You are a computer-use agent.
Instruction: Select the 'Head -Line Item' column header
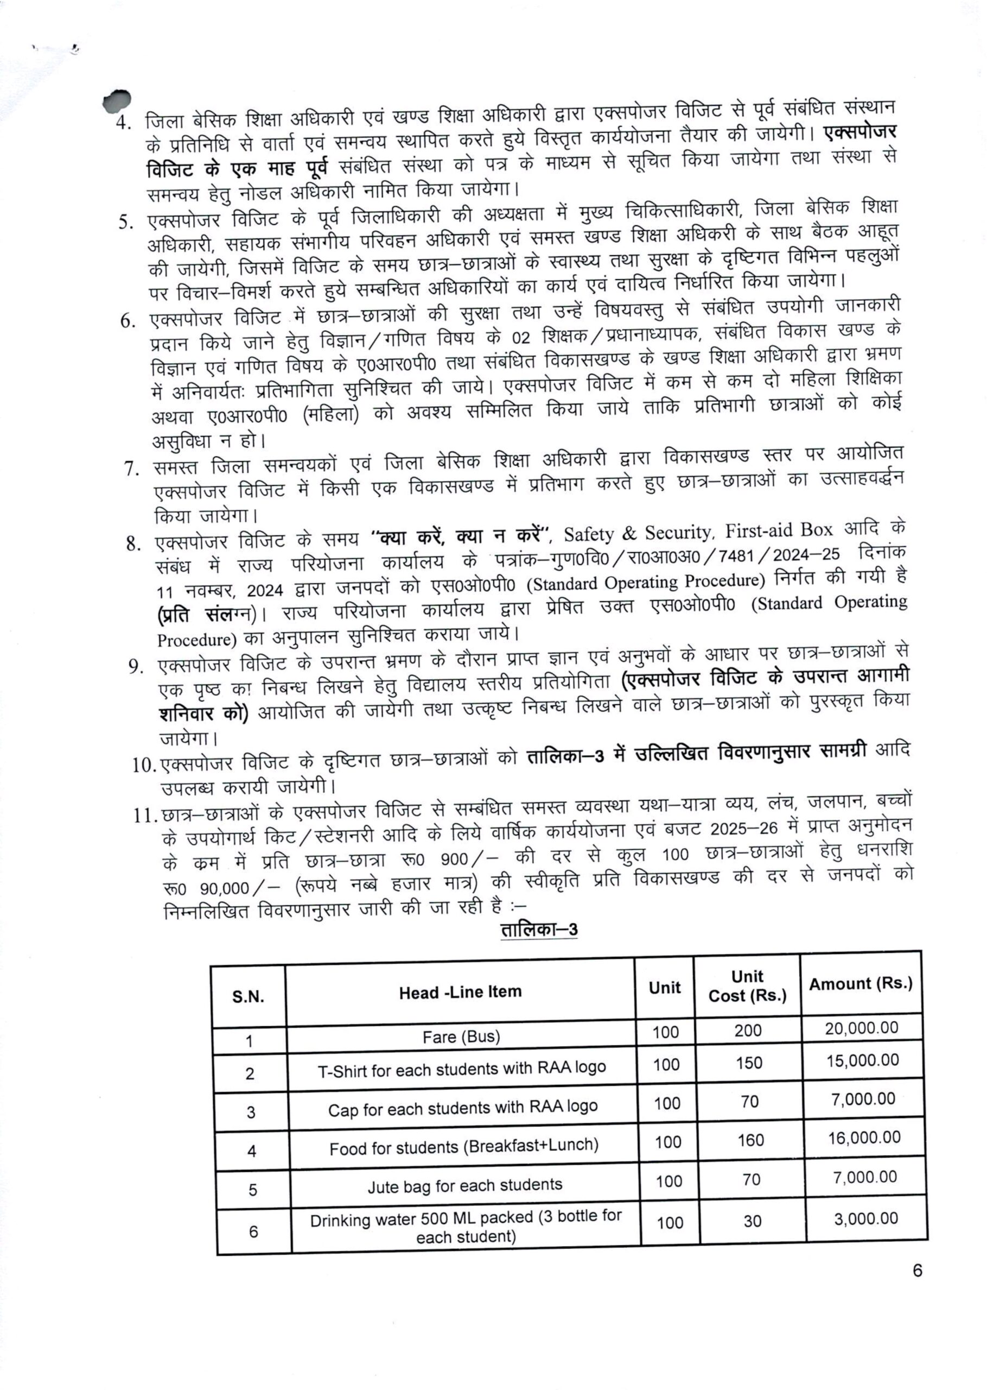(460, 993)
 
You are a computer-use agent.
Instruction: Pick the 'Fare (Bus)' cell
(461, 1037)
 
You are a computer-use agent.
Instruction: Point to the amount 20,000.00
(861, 1028)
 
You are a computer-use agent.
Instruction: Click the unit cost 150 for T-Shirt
(749, 1063)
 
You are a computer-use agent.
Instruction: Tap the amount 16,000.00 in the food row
(864, 1137)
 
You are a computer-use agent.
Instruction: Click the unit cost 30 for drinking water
(753, 1222)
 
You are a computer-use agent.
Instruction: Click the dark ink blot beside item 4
(117, 100)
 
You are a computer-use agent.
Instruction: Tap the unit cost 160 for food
(750, 1140)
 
